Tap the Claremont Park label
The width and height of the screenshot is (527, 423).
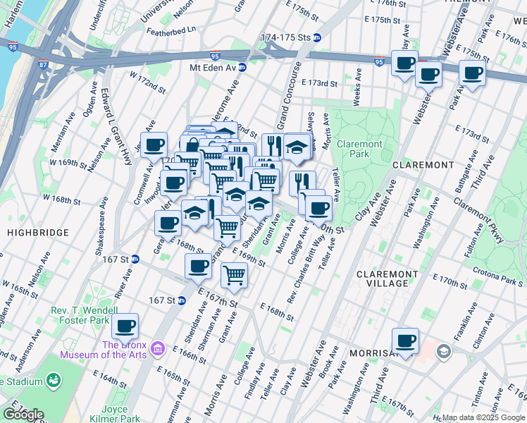click(359, 149)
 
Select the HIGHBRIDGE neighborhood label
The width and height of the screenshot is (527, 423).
click(39, 232)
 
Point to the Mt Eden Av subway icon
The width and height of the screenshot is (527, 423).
click(242, 68)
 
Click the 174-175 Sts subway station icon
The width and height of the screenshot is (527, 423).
click(317, 37)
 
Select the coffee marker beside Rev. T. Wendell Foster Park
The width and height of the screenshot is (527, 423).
click(125, 326)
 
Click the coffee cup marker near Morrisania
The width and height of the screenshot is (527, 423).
click(404, 341)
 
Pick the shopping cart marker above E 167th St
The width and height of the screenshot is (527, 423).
click(234, 276)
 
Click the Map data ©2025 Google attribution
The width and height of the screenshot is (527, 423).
click(483, 417)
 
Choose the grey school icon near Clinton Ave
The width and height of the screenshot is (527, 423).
click(443, 350)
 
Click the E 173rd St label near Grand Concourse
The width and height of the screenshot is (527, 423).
click(320, 83)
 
